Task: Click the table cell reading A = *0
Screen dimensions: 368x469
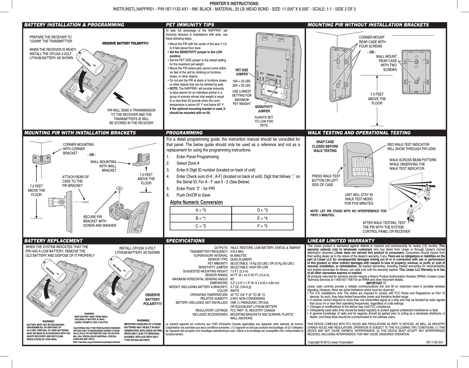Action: [201, 210]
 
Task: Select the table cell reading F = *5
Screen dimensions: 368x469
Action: [262, 226]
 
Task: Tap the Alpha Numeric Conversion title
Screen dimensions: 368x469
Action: [196, 202]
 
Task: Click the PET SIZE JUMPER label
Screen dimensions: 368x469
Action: [242, 72]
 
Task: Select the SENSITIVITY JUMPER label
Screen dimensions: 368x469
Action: [264, 109]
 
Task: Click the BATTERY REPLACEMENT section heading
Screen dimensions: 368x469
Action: [53, 241]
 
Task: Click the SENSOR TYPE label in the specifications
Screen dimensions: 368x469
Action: [217, 259]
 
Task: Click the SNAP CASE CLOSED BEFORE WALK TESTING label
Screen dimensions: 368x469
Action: [325, 146]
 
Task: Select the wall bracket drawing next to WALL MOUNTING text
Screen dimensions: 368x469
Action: [142, 161]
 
